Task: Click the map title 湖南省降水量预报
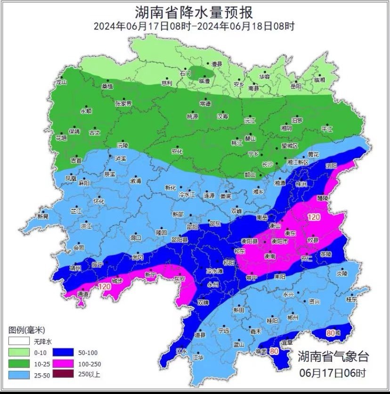point(194,11)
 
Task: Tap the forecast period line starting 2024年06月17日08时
point(194,26)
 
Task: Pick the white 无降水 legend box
point(18,341)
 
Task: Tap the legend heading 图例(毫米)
point(26,329)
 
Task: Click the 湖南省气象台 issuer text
point(333,357)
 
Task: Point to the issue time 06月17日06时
point(333,373)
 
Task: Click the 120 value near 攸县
point(314,216)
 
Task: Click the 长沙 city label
point(267,164)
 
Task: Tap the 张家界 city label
point(123,103)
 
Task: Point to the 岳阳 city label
point(295,86)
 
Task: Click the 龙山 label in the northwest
point(62,82)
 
